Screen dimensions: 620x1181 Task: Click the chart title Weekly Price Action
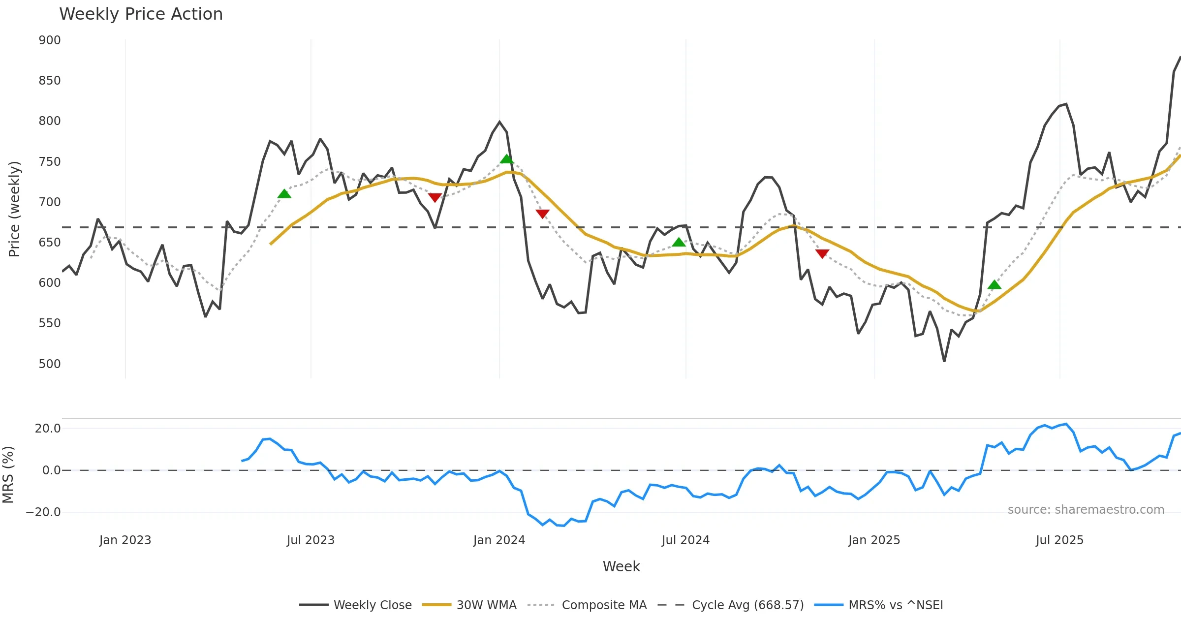click(x=141, y=14)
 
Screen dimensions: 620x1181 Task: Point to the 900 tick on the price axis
click(x=50, y=40)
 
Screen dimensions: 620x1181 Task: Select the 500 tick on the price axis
click(x=50, y=364)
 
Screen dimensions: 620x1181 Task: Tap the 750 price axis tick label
click(x=50, y=162)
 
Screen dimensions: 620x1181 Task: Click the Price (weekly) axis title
click(x=15, y=209)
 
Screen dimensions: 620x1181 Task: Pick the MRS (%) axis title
click(x=8, y=474)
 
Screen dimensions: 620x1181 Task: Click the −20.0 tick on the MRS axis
click(x=43, y=512)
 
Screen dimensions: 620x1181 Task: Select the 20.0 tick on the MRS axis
click(x=48, y=429)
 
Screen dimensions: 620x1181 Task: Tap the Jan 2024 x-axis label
click(x=499, y=540)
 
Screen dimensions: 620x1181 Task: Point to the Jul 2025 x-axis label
click(x=1059, y=540)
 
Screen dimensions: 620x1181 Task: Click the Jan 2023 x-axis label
click(x=125, y=540)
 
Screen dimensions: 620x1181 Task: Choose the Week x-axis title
click(x=621, y=566)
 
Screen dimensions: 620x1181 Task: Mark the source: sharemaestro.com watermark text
click(x=1086, y=510)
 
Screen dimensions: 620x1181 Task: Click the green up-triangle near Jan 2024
click(x=507, y=159)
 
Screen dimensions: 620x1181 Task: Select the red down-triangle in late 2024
click(x=822, y=253)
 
